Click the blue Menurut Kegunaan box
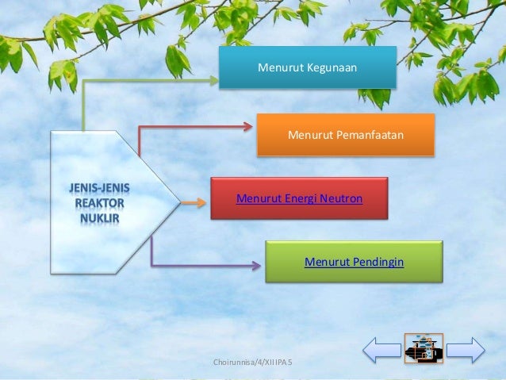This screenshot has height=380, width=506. [x=307, y=67]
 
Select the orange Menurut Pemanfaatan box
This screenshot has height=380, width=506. [x=345, y=135]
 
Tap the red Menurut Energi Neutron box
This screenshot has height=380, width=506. [x=299, y=198]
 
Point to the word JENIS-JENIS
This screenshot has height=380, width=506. [x=99, y=188]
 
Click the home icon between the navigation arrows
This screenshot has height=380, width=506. [x=423, y=348]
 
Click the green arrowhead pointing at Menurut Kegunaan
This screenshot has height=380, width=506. [x=212, y=79]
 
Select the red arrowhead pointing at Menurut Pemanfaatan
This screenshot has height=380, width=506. [x=248, y=125]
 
